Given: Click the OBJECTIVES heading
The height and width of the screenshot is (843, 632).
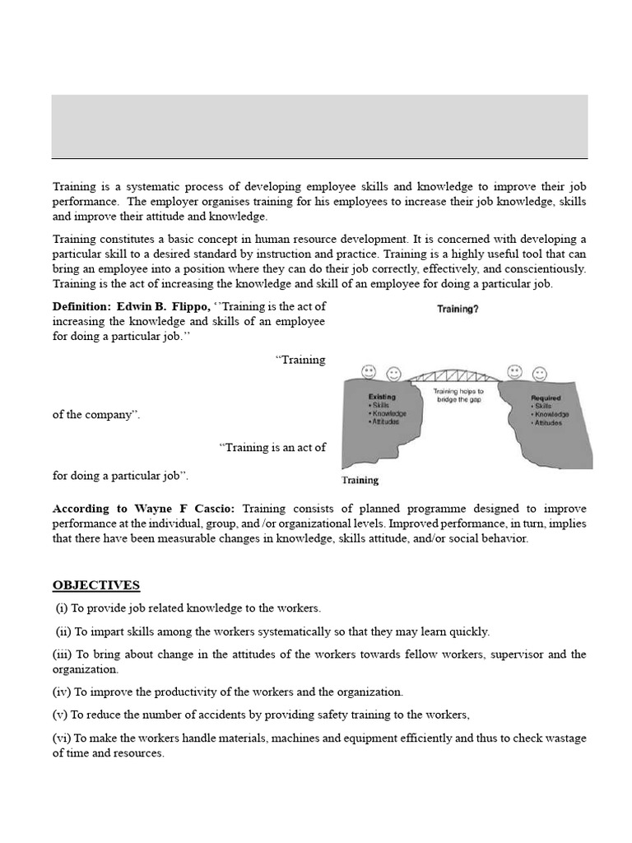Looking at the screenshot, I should click(96, 585).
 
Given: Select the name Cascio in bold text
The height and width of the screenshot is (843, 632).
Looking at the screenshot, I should click(216, 509).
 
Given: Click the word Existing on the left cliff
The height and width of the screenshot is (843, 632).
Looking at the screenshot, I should click(382, 397).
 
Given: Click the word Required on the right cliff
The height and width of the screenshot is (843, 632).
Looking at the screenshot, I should click(546, 398).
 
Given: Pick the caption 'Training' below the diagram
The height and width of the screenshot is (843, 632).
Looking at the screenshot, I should click(360, 480).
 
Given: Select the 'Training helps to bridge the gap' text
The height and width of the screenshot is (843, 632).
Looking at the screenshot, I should click(458, 396).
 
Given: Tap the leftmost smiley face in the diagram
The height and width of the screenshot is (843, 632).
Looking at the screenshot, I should click(368, 372).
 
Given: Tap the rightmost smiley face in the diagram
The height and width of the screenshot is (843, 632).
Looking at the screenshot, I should click(540, 375).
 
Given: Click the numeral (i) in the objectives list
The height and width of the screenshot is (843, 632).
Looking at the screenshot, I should click(63, 608).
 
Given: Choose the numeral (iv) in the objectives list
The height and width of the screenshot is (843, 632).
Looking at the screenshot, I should click(62, 692).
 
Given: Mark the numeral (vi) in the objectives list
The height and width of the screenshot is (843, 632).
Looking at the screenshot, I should click(62, 738).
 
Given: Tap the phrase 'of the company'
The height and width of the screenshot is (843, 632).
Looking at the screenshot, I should click(95, 415).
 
